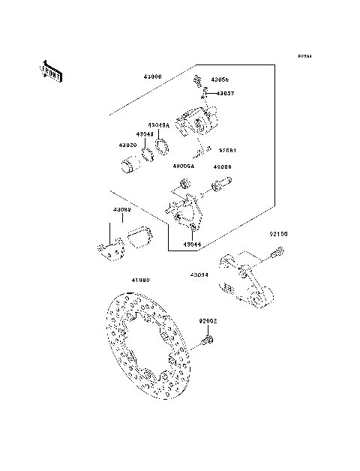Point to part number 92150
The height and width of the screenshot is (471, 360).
coord(279,235)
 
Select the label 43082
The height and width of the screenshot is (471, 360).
coord(122,209)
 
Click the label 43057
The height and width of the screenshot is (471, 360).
coord(226,94)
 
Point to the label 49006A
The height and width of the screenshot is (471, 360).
coord(183,166)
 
